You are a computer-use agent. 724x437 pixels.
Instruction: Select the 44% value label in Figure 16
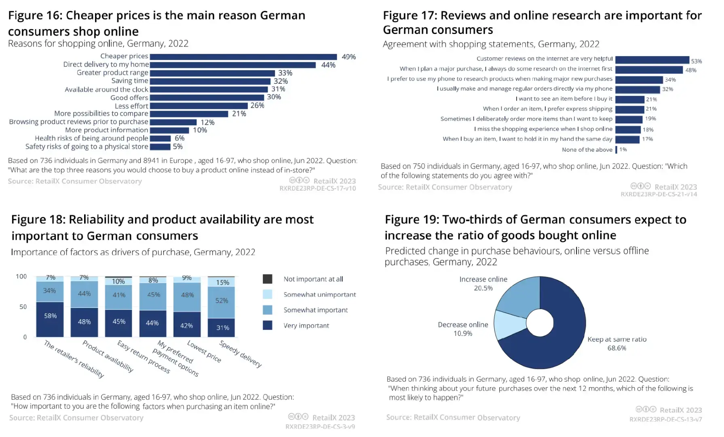pyautogui.click(x=328, y=65)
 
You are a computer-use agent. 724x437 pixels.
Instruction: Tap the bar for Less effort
pyautogui.click(x=198, y=106)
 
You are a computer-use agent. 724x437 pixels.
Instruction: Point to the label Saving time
pyautogui.click(x=130, y=81)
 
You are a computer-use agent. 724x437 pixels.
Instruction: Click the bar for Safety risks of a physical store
pyautogui.click(x=160, y=147)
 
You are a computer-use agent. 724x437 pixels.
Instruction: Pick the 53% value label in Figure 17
pyautogui.click(x=696, y=61)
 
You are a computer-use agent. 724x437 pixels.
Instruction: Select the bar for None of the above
pyautogui.click(x=616, y=150)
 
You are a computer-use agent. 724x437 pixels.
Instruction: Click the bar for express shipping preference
pyautogui.click(x=629, y=109)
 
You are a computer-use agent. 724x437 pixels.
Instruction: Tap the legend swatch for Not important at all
pyautogui.click(x=267, y=279)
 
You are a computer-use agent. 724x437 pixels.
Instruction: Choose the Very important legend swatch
pyautogui.click(x=267, y=325)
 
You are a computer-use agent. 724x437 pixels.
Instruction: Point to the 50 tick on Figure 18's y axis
pyautogui.click(x=23, y=307)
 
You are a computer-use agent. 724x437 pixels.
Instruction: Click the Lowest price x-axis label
pyautogui.click(x=204, y=351)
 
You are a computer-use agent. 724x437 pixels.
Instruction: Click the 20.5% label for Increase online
pyautogui.click(x=483, y=288)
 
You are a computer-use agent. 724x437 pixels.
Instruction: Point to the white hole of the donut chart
pyautogui.click(x=540, y=323)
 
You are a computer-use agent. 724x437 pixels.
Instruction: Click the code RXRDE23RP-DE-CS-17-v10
pyautogui.click(x=317, y=189)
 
